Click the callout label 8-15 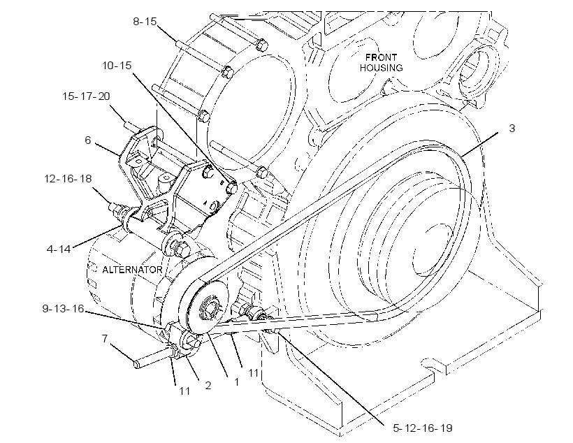tap(145, 22)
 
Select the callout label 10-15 tap(117, 66)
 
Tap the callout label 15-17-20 tap(86, 96)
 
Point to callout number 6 tap(88, 140)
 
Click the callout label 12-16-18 tap(68, 179)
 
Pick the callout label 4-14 tap(59, 249)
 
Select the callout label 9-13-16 tap(63, 309)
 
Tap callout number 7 tap(105, 339)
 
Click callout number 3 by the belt tap(512, 129)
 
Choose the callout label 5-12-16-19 tap(423, 428)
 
